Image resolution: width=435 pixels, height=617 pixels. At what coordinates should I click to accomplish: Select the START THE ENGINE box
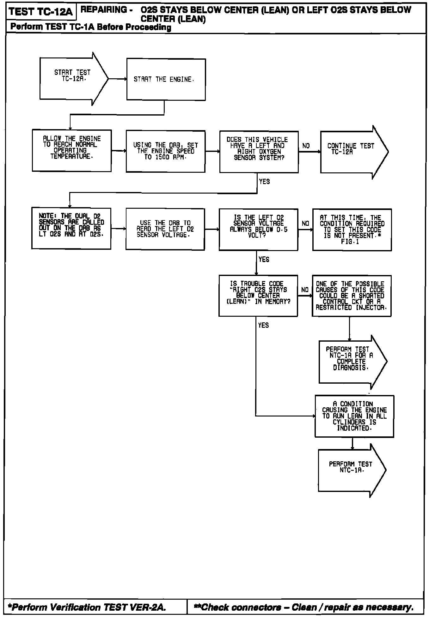tap(166, 80)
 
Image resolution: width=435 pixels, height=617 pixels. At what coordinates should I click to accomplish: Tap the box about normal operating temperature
tap(72, 151)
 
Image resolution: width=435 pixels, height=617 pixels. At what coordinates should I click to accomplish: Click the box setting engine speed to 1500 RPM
tap(166, 151)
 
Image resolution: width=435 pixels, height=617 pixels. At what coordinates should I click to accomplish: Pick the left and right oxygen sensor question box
tap(259, 152)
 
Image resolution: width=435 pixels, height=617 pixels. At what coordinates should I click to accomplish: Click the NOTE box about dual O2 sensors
tap(71, 228)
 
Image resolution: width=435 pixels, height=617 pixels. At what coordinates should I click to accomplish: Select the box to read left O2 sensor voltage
tap(165, 229)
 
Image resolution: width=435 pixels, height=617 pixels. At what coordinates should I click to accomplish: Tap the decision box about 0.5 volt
tap(259, 230)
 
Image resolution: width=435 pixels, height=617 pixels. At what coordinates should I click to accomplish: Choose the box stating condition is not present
tap(352, 230)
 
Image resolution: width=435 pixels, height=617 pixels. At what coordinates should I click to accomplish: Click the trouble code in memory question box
tap(258, 296)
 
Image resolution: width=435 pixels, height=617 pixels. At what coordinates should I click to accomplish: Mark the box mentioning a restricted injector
tap(352, 296)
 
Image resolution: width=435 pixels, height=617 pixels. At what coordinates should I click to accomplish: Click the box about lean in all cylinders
tap(354, 416)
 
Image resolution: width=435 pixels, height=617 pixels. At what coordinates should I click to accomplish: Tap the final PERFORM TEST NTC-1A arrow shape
tap(351, 470)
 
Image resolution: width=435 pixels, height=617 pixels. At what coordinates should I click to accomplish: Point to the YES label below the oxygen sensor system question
tap(264, 182)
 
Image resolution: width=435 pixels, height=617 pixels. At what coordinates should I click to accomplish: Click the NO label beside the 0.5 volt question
tap(305, 224)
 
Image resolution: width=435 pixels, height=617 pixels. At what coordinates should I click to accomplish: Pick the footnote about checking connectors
tap(303, 607)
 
